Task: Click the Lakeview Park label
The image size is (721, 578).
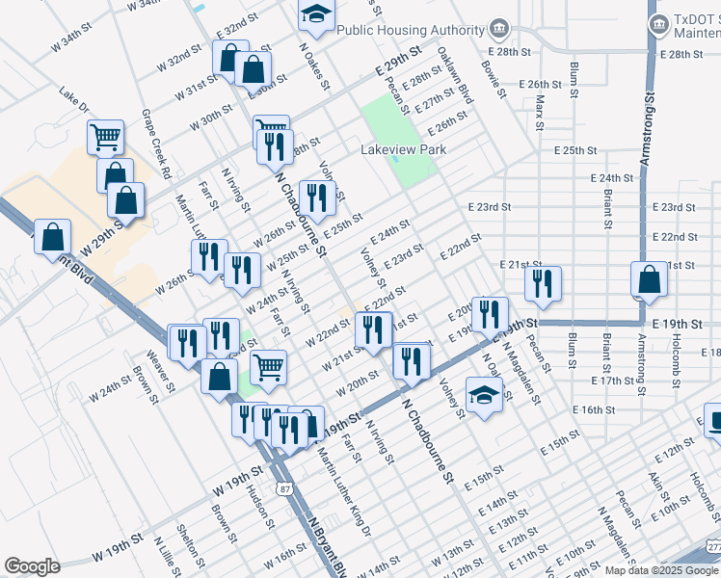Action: (404, 150)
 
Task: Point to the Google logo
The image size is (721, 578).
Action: (33, 566)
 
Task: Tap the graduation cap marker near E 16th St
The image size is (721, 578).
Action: (484, 394)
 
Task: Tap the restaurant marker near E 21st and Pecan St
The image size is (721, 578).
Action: (543, 282)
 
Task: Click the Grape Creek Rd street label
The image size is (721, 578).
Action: (156, 145)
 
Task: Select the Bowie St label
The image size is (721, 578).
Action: (492, 79)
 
